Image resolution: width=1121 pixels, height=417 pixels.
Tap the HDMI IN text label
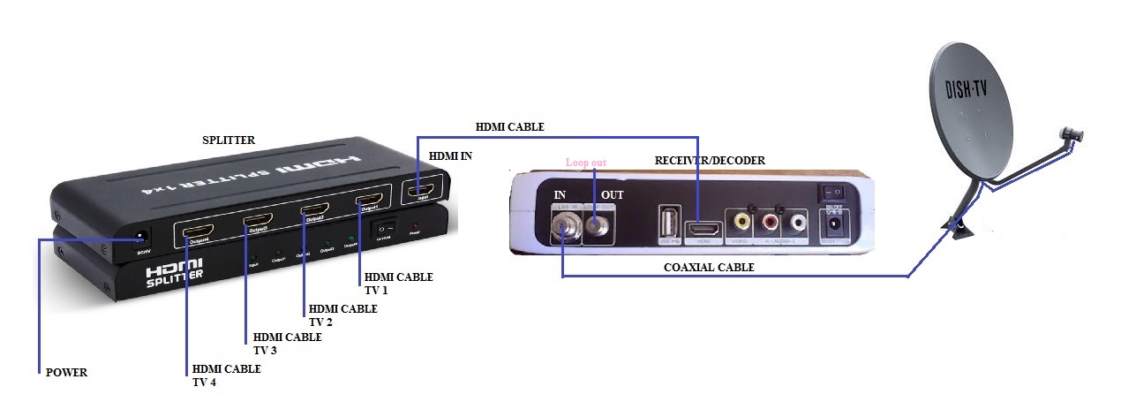[x=450, y=155]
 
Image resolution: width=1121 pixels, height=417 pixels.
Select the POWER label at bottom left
[x=66, y=373]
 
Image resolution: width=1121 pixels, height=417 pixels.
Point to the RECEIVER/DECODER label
[x=710, y=161]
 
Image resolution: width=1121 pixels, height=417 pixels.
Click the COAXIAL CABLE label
[x=710, y=267]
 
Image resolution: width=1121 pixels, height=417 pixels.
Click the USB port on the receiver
[x=668, y=222]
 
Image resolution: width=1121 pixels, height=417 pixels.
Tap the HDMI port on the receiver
[x=704, y=232]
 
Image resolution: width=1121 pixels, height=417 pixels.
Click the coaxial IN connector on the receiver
[x=562, y=231]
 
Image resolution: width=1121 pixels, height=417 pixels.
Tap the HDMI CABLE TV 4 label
[x=226, y=375]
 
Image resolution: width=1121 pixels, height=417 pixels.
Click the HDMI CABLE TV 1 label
[x=398, y=283]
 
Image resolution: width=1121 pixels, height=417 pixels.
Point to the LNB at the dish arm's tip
[x=1072, y=134]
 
